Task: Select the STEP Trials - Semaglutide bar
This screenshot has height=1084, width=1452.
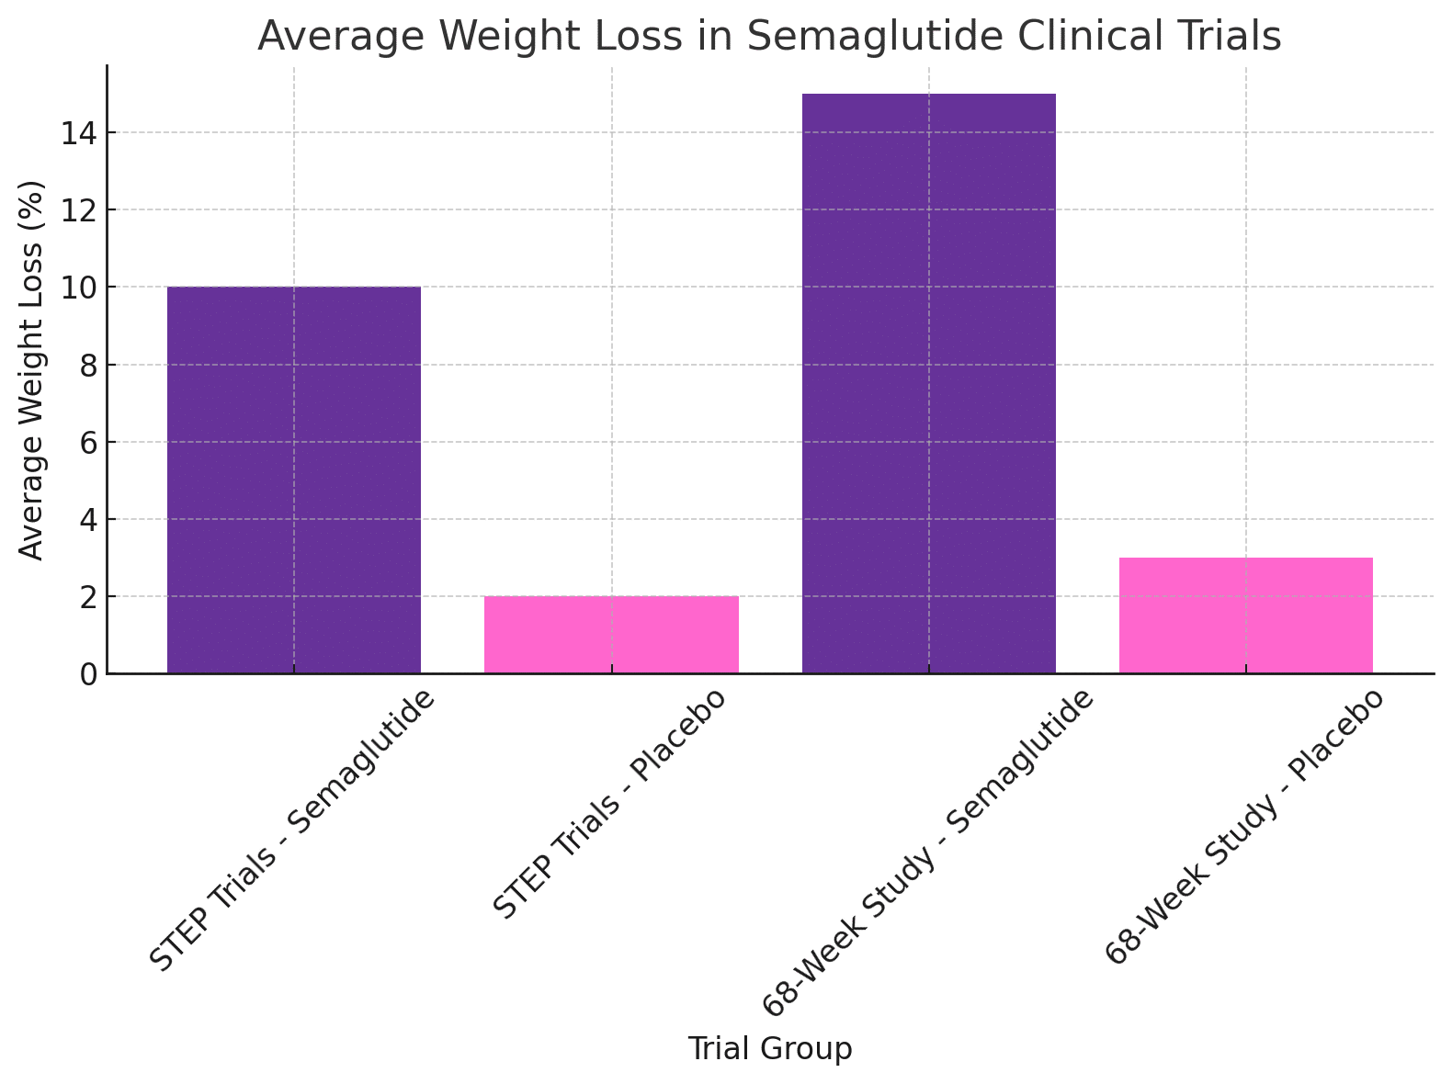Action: (294, 480)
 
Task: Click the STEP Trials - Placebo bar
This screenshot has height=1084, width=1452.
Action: (611, 635)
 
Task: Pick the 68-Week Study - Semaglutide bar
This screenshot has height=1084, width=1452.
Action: (929, 383)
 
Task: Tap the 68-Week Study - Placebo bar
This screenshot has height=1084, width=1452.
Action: (1245, 615)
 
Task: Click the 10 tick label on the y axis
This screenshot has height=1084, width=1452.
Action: (79, 288)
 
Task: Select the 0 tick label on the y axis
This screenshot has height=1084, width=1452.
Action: (88, 674)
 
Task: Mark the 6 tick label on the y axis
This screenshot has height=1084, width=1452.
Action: (88, 442)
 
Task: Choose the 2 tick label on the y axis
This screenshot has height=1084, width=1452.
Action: (88, 597)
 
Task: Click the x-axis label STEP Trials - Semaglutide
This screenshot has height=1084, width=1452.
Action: (291, 830)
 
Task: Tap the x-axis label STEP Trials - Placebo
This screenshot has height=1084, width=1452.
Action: (609, 804)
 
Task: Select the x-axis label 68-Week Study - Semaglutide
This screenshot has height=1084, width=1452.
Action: (927, 853)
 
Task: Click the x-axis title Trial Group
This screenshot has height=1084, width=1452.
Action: (770, 1048)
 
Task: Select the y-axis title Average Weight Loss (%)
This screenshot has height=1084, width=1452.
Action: (30, 370)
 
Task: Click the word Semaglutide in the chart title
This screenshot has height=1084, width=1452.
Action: (876, 36)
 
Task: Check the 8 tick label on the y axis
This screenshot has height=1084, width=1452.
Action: (88, 365)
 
